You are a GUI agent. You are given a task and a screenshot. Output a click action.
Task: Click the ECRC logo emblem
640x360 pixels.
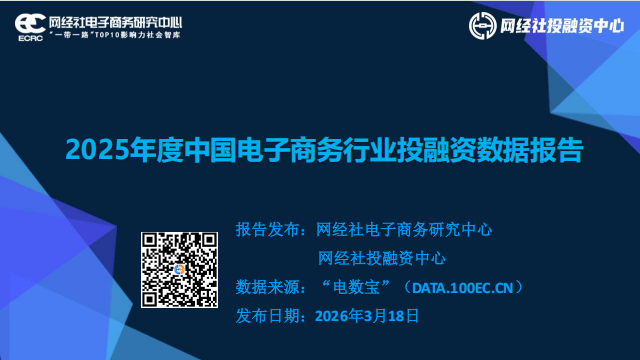tap(30, 27)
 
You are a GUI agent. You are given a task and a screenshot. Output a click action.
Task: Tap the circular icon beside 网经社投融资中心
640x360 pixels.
tap(482, 26)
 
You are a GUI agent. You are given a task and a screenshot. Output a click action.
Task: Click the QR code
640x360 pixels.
tap(179, 270)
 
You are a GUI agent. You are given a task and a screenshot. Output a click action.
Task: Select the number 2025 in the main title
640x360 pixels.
tap(98, 150)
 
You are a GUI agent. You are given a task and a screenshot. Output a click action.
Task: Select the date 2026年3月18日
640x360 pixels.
tap(367, 316)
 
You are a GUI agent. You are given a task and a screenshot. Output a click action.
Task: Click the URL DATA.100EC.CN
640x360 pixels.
tap(462, 288)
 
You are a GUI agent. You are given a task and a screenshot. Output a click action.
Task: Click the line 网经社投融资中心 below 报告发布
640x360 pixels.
tap(382, 258)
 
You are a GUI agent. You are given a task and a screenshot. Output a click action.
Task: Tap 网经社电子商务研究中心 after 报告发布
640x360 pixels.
tap(404, 230)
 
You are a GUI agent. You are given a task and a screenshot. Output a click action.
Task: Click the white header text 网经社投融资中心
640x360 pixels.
tap(562, 26)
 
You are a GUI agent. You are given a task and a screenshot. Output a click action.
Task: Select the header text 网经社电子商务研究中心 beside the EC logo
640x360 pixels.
tap(116, 22)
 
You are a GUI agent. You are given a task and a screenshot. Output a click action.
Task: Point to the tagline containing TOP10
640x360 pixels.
tap(115, 35)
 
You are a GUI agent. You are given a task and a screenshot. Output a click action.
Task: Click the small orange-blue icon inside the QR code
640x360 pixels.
tap(179, 269)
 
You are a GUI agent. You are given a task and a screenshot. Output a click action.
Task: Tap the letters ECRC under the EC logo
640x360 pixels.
tap(31, 38)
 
